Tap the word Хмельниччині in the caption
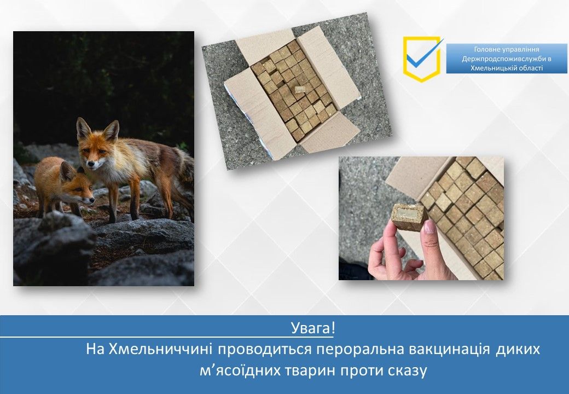point(160,349)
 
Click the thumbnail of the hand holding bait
point(421,218)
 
